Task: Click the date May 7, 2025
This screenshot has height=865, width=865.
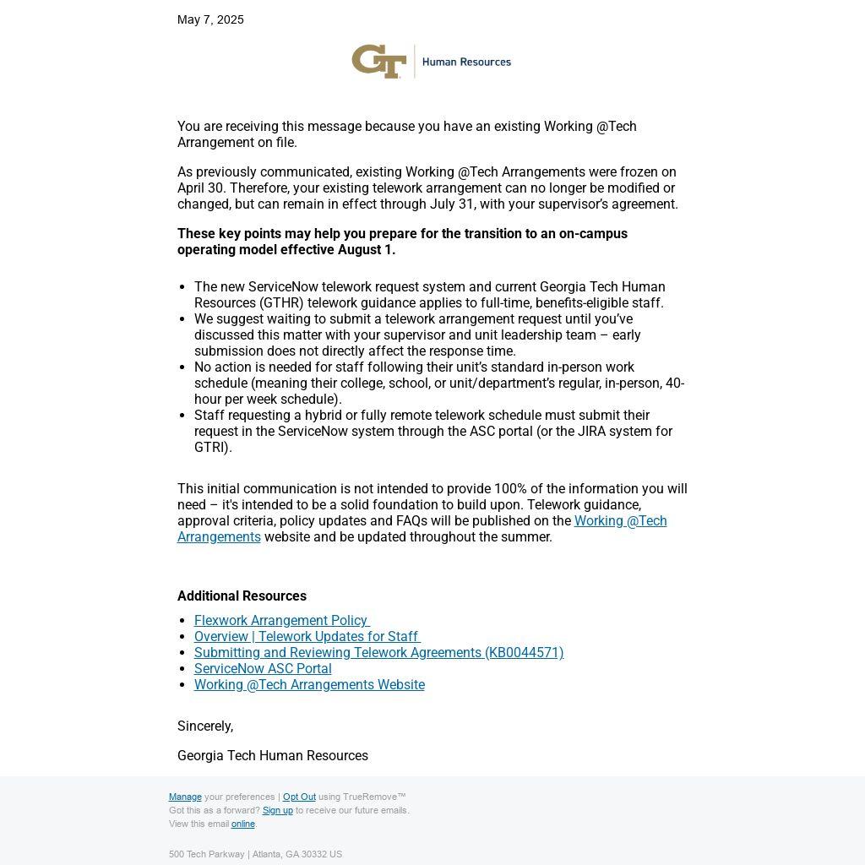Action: click(210, 19)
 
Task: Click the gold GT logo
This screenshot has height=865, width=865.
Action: click(378, 62)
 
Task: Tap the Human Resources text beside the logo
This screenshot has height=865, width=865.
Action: click(466, 62)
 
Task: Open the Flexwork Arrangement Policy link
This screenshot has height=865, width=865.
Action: click(280, 620)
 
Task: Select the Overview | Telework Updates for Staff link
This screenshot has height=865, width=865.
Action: click(306, 636)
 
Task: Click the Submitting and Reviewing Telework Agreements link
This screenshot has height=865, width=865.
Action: click(378, 652)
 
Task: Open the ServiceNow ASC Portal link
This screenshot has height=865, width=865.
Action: click(263, 668)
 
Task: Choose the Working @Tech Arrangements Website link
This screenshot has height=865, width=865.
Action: click(309, 684)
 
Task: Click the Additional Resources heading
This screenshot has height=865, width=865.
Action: click(242, 596)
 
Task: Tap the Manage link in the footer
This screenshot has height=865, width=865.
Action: click(185, 797)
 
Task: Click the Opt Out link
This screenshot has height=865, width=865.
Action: click(299, 797)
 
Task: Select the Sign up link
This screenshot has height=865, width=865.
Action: click(277, 810)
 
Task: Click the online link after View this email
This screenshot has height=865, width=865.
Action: click(242, 824)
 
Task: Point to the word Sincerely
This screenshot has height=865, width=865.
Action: click(205, 726)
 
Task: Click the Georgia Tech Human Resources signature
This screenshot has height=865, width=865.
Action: click(273, 755)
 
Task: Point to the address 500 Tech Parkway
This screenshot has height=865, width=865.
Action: click(206, 854)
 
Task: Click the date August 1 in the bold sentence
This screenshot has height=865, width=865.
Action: click(366, 249)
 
